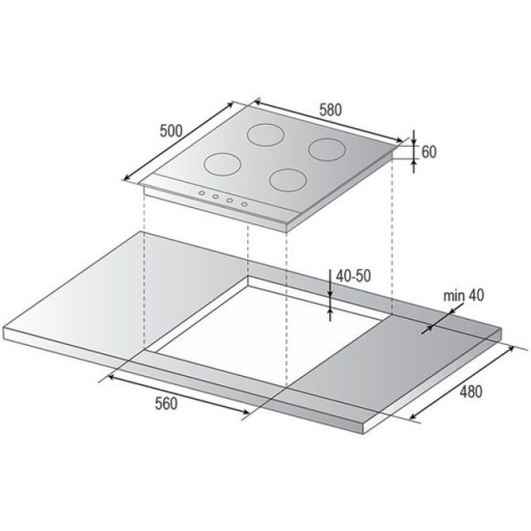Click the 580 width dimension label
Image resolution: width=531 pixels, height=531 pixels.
[x=330, y=110]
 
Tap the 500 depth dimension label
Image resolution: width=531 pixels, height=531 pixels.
[x=171, y=131]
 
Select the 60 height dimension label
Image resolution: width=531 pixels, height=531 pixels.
[x=428, y=152]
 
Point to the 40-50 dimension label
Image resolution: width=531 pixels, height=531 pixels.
[x=353, y=276]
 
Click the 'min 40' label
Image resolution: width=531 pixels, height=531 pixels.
[x=464, y=296]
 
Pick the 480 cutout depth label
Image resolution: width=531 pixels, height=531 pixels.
[x=471, y=392]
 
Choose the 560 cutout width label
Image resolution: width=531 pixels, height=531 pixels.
[x=166, y=404]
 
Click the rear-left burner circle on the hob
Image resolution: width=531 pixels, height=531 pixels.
[x=265, y=135]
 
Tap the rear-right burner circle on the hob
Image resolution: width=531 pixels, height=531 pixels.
[x=327, y=150]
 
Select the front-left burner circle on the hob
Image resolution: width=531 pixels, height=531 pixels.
[x=222, y=165]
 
